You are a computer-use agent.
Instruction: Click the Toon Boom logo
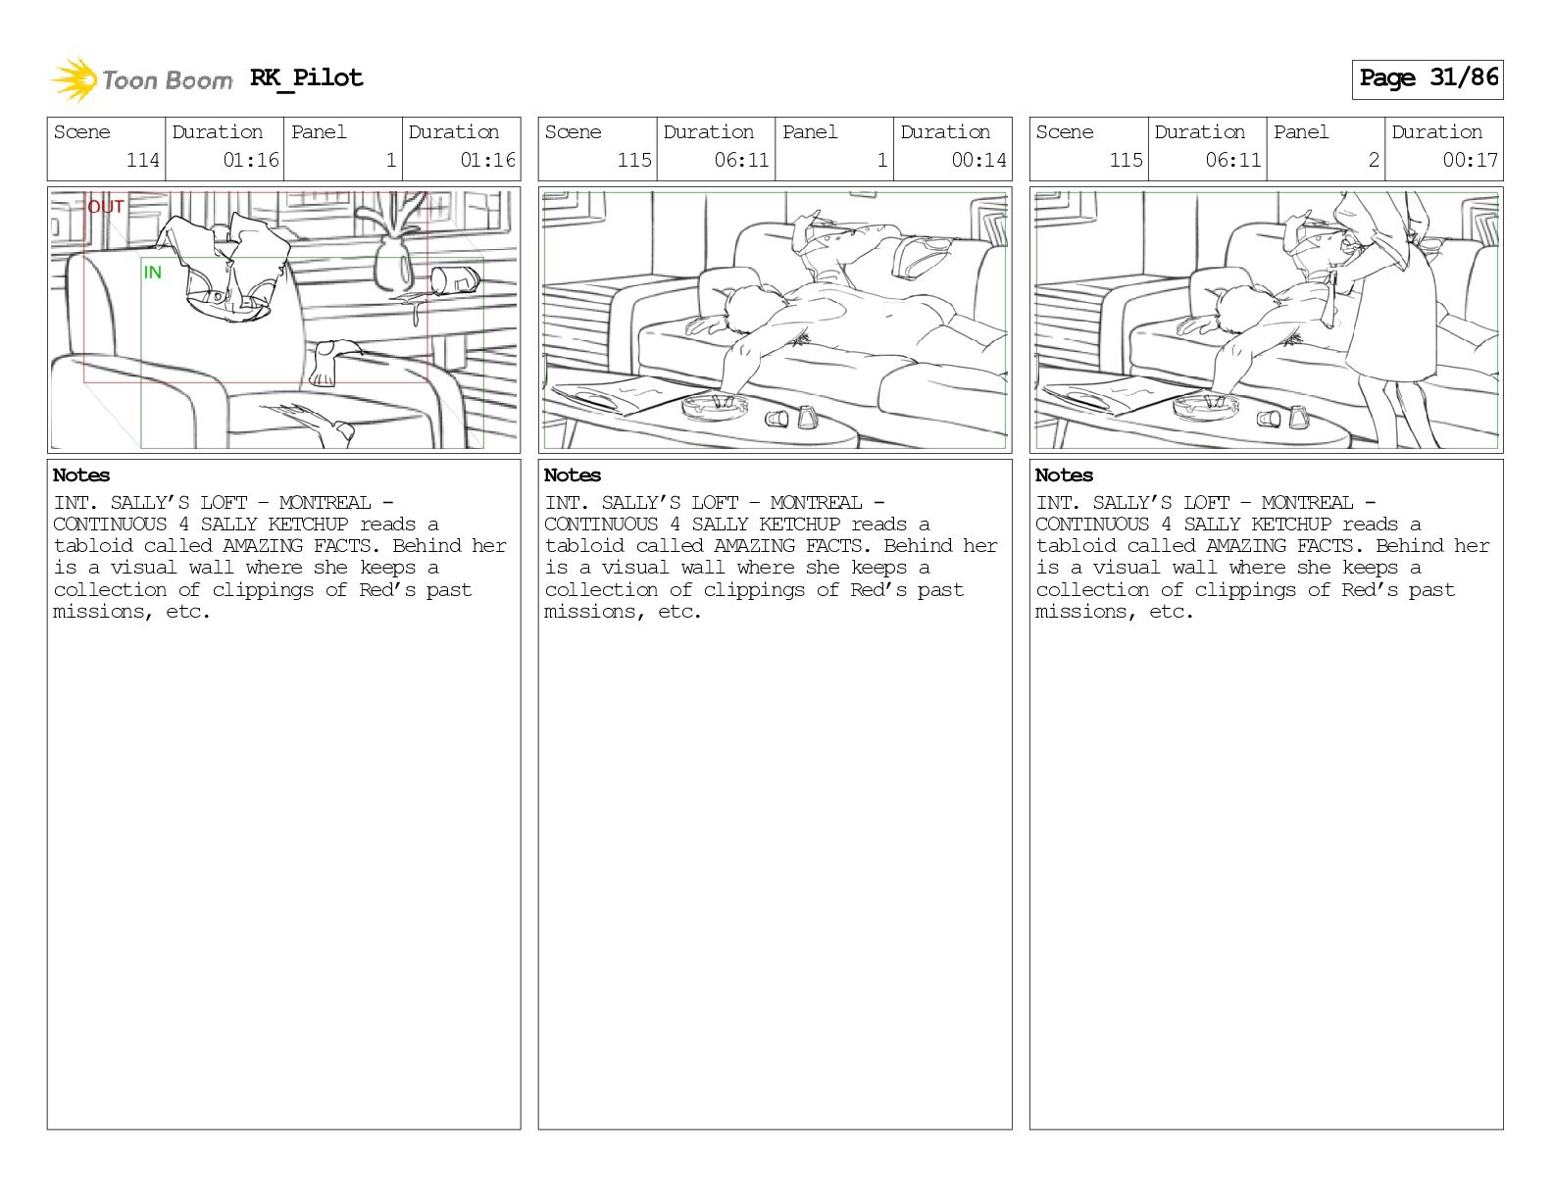(141, 79)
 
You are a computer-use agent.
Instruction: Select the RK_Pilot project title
(307, 77)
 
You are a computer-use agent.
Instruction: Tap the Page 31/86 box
(1428, 79)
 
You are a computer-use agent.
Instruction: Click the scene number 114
(143, 160)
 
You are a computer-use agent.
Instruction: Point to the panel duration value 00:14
(978, 160)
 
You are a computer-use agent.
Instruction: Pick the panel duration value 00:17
(1470, 160)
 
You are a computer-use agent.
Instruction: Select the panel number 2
(1374, 160)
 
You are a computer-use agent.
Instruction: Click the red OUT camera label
(106, 207)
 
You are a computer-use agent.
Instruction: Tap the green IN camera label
(152, 273)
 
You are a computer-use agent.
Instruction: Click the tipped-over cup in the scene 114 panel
(455, 279)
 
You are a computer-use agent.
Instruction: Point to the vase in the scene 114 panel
(394, 264)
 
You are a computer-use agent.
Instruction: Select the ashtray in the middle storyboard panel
(715, 406)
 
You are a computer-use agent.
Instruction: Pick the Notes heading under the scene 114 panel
(81, 475)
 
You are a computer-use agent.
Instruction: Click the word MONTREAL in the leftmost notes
(325, 502)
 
